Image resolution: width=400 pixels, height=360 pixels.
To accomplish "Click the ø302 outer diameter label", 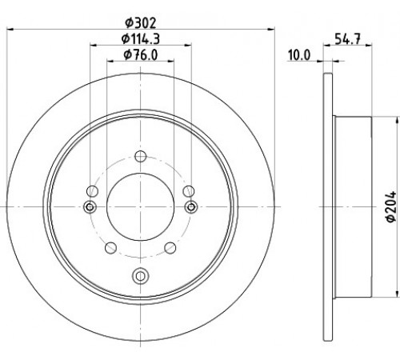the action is click(x=141, y=23).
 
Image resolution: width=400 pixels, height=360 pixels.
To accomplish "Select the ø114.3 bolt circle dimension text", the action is click(x=141, y=39).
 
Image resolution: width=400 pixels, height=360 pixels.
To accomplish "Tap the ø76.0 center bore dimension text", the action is click(x=141, y=55).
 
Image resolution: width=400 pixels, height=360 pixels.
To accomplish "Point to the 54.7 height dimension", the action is click(x=347, y=39).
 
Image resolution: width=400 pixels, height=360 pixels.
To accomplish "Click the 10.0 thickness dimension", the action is click(x=299, y=55).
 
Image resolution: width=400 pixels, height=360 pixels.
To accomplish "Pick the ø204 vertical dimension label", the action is click(x=391, y=206).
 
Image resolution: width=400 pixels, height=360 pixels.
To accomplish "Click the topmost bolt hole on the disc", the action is click(x=140, y=156).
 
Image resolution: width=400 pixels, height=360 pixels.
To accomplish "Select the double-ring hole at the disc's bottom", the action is click(x=140, y=275).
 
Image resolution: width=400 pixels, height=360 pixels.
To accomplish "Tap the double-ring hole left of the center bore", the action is click(x=90, y=206).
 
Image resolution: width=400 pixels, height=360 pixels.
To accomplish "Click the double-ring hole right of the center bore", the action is click(x=191, y=206).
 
